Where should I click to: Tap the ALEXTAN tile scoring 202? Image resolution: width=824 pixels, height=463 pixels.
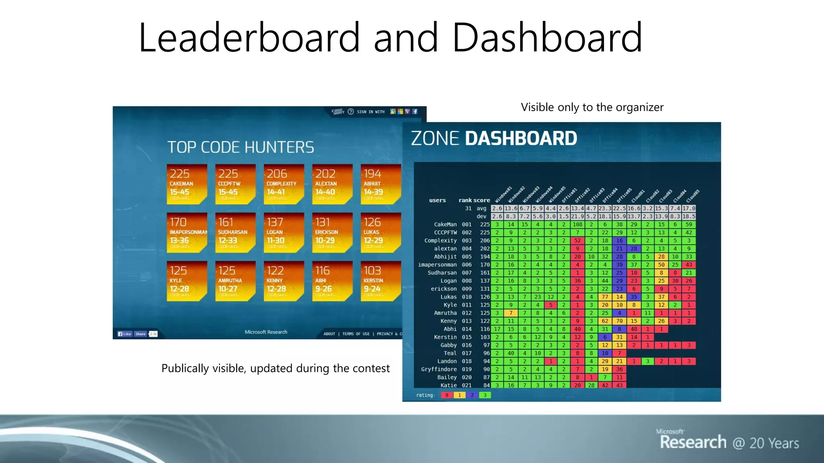(332, 184)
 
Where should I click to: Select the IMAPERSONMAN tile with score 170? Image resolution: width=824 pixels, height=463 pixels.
(187, 232)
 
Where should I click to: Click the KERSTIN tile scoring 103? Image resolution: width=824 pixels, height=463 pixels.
(380, 281)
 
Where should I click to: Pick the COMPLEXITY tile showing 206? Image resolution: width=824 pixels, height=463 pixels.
(283, 184)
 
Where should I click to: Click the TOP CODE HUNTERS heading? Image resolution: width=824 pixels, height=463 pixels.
(240, 147)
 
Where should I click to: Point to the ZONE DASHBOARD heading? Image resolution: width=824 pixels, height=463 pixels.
(494, 138)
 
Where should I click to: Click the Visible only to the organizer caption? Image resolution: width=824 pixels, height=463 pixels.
(592, 107)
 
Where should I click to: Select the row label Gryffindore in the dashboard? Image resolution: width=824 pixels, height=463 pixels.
(439, 369)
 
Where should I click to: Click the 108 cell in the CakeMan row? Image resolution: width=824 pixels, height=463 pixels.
(577, 224)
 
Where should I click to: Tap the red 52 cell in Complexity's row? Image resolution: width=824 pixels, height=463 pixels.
(577, 240)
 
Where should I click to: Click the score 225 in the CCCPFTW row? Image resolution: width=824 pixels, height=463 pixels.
(485, 232)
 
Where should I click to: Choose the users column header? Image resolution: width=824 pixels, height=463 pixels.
(437, 200)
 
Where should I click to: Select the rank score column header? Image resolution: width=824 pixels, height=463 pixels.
(474, 200)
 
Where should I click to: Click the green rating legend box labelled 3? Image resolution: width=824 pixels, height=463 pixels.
(485, 395)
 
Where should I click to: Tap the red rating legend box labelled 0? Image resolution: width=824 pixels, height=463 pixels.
(447, 395)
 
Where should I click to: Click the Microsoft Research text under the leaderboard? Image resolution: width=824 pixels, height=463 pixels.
(266, 332)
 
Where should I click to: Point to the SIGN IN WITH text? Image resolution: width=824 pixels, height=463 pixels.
(371, 112)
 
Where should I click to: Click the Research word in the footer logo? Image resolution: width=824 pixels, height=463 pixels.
(693, 442)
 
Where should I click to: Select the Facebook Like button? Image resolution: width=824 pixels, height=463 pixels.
(124, 334)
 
